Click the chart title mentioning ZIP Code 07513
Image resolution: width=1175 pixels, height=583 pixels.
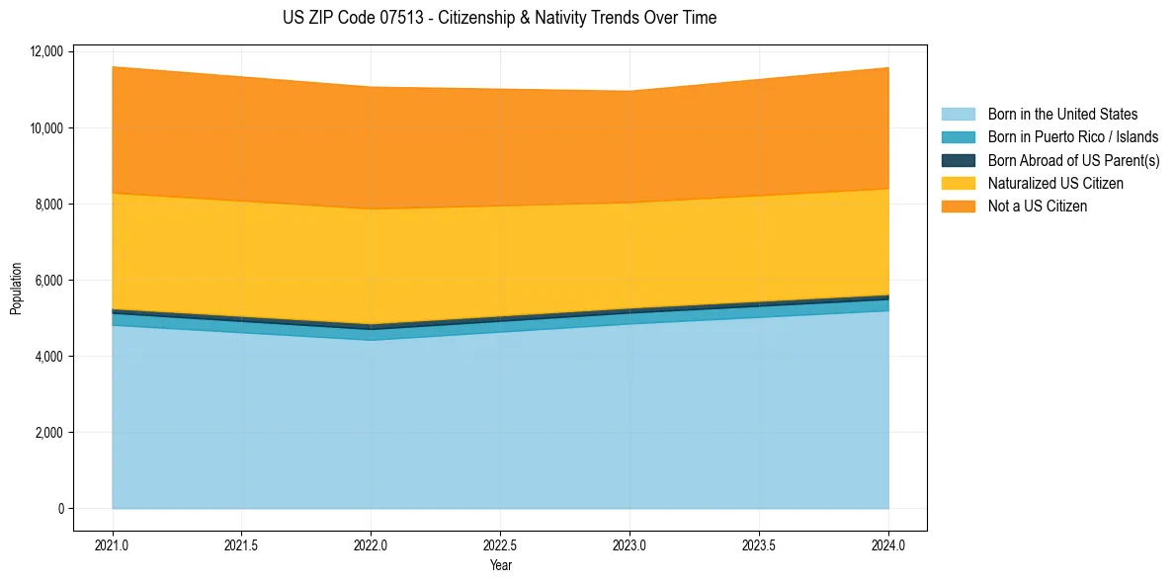click(x=499, y=18)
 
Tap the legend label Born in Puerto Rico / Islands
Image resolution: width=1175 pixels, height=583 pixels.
click(x=1073, y=137)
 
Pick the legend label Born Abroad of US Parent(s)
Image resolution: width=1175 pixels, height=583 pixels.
click(x=1073, y=160)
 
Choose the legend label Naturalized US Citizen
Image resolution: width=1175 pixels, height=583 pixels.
click(x=1055, y=184)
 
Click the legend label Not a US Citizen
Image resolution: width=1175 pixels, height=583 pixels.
click(x=1037, y=207)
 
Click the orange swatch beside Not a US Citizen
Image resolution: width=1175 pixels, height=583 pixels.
click(x=958, y=207)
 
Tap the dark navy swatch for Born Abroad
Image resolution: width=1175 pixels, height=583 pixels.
click(x=958, y=160)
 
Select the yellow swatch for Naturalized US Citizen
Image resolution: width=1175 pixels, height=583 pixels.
click(x=958, y=184)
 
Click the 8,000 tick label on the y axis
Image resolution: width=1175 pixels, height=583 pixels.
click(x=48, y=204)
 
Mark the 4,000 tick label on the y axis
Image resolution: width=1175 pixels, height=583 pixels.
click(x=48, y=356)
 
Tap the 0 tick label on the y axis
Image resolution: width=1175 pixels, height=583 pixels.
click(x=59, y=509)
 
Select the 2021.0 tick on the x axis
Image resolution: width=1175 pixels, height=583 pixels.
click(x=112, y=543)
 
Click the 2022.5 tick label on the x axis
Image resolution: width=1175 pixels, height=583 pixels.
click(x=500, y=543)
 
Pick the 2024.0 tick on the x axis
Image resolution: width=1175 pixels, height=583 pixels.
click(x=888, y=543)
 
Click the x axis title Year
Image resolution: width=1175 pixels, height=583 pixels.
click(x=500, y=565)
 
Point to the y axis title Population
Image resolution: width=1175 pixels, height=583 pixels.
click(x=16, y=289)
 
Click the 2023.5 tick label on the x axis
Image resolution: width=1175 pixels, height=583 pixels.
click(x=759, y=543)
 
